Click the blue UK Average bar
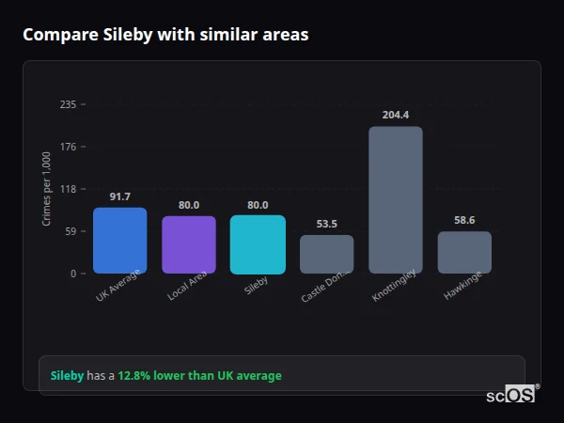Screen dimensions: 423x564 (x=119, y=241)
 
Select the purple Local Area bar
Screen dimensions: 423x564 (x=189, y=244)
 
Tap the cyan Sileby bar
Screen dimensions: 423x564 (x=258, y=244)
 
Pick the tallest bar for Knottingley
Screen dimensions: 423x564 (x=395, y=200)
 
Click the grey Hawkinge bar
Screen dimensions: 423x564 (x=464, y=253)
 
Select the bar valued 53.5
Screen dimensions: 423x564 (x=326, y=255)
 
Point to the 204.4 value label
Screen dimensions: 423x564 (x=395, y=115)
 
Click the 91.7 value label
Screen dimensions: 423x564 (x=119, y=196)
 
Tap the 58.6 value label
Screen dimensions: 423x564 (x=464, y=220)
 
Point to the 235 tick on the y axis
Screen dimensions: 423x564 (x=68, y=104)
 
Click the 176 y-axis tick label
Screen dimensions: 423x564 (x=68, y=147)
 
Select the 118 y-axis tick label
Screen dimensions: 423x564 (x=68, y=189)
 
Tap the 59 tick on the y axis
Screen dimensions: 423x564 (x=70, y=231)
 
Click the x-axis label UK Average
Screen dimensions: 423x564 (x=117, y=288)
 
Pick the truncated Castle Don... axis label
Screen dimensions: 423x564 (x=325, y=287)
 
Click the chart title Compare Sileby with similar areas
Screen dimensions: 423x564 (x=165, y=35)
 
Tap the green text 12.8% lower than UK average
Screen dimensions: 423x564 (x=199, y=376)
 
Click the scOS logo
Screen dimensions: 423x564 (x=511, y=395)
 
